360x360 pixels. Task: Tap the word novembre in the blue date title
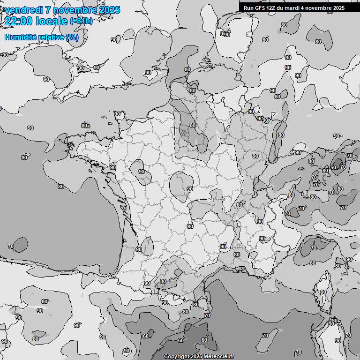[x=75, y=10]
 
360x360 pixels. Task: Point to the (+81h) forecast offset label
[x=81, y=22]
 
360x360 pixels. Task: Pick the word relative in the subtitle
[x=51, y=37]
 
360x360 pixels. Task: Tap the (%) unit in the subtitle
[x=72, y=37]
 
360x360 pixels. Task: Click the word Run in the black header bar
[x=248, y=8]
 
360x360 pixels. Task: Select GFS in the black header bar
[x=260, y=8]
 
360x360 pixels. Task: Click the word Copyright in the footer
[x=176, y=356]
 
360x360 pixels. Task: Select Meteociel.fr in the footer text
[x=218, y=356]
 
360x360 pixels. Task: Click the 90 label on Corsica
[x=323, y=292]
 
